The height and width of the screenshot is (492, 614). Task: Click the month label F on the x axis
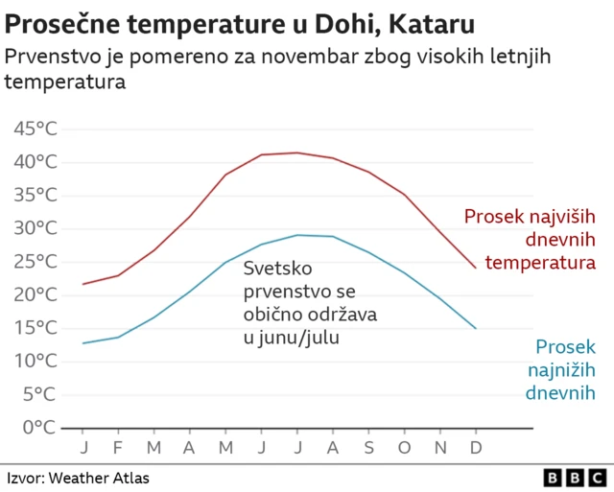tap(118, 448)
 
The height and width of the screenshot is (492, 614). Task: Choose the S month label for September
tap(367, 448)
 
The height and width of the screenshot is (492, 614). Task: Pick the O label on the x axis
tap(404, 448)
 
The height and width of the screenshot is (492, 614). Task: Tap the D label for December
tap(475, 448)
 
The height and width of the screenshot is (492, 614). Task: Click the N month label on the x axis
tap(439, 448)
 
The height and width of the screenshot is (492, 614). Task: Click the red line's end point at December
tap(475, 268)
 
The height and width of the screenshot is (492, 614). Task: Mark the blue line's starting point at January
tap(83, 342)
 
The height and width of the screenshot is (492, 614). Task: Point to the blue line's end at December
tap(475, 328)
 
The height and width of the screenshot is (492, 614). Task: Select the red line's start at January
tap(83, 284)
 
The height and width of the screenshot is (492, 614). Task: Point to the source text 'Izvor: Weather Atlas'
tap(79, 478)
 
